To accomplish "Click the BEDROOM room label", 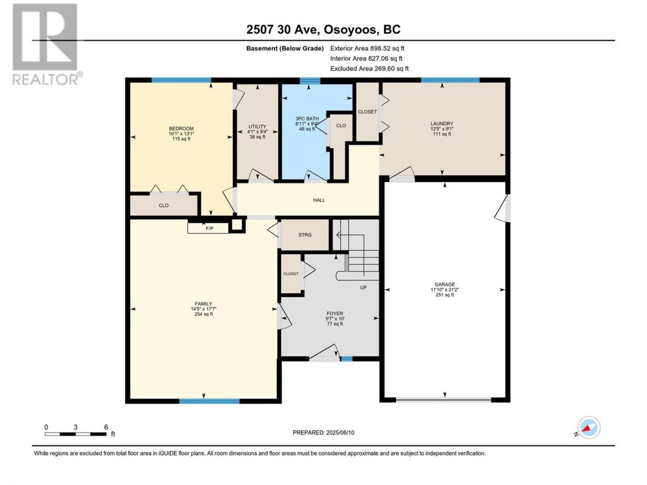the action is (x=181, y=128).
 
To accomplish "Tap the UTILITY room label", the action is (x=257, y=127).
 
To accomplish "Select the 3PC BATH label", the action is (x=307, y=119).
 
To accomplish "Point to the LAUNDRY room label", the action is (x=442, y=124).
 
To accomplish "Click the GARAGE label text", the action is (x=444, y=284).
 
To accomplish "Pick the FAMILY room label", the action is (x=203, y=304).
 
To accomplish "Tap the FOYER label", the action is (x=335, y=314).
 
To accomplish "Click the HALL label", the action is (x=319, y=200).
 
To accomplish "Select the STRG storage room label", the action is (x=305, y=235).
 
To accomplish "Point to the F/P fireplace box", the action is (x=208, y=228).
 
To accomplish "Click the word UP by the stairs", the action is (x=363, y=287).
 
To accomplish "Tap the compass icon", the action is (x=589, y=428).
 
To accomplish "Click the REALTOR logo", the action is (x=47, y=44).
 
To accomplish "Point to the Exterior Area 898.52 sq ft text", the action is (x=367, y=48).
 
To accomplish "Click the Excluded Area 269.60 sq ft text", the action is (x=369, y=69).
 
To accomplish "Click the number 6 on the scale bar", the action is (x=106, y=427).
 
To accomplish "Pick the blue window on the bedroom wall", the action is (x=181, y=80).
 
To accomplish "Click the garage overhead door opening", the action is (x=443, y=400).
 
